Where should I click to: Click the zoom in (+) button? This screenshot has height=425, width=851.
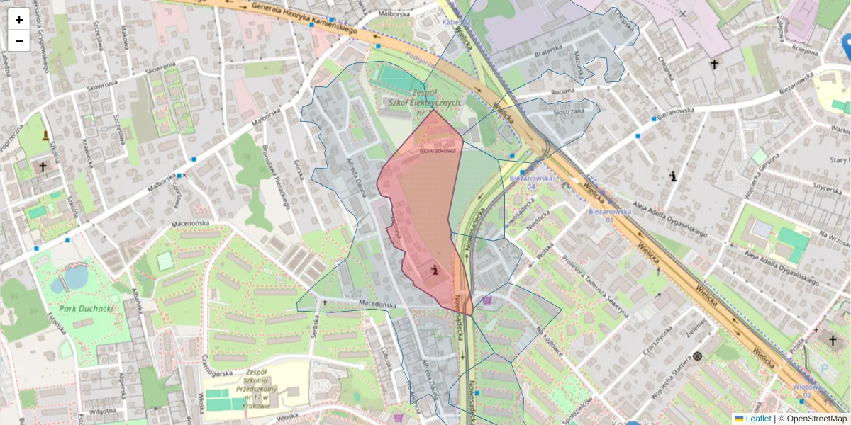(19, 20)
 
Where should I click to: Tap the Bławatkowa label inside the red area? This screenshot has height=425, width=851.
(437, 150)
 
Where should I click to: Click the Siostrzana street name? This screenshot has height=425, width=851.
(564, 111)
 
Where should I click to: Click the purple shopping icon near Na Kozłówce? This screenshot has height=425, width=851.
(486, 300)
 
